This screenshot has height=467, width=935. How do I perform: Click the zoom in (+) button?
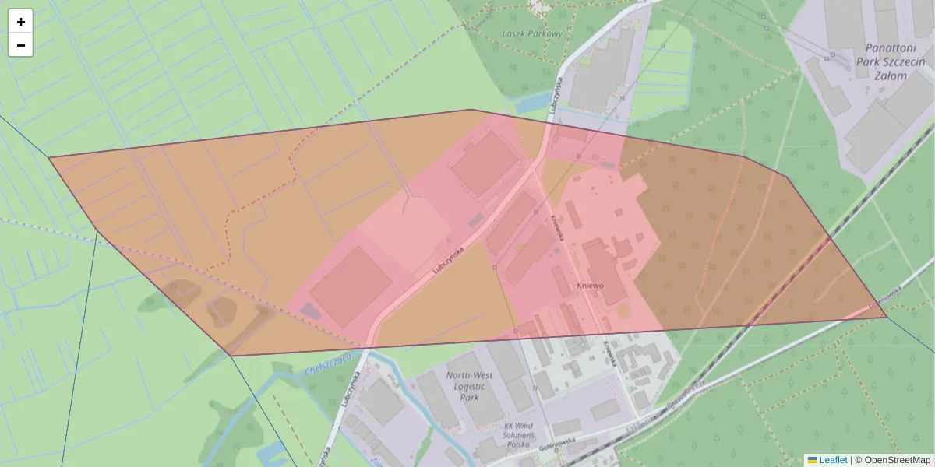point(21,22)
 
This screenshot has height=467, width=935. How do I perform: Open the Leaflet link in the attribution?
point(833,460)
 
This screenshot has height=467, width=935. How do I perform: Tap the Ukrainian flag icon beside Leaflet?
point(813,460)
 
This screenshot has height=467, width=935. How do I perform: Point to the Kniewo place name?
point(590,286)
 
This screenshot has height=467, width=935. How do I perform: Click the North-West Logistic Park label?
point(469,385)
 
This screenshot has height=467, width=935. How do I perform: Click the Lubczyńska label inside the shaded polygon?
point(448,260)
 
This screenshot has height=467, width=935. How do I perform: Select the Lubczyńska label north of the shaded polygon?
point(555,95)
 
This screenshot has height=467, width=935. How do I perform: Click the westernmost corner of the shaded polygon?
point(49,158)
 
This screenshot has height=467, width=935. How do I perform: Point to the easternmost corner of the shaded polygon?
point(887,318)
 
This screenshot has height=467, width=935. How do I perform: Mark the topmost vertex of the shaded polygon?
point(471,110)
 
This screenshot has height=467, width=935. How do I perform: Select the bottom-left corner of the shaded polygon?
point(231,356)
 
